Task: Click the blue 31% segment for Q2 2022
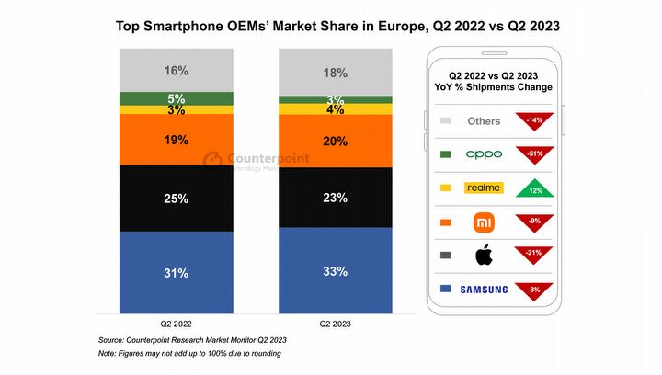point(177,273)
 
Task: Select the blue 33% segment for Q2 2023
point(336,271)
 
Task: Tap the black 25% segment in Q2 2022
point(177,199)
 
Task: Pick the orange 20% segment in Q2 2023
point(336,141)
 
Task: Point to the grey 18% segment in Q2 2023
point(336,73)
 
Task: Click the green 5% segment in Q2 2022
point(177,98)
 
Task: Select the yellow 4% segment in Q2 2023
point(336,109)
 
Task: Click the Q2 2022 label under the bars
point(177,324)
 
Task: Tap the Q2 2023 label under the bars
point(336,324)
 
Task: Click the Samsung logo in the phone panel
point(484,290)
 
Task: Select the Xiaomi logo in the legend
point(484,222)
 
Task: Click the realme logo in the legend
point(484,187)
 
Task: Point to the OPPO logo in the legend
point(484,154)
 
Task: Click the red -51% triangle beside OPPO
point(533,153)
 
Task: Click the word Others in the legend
point(484,120)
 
